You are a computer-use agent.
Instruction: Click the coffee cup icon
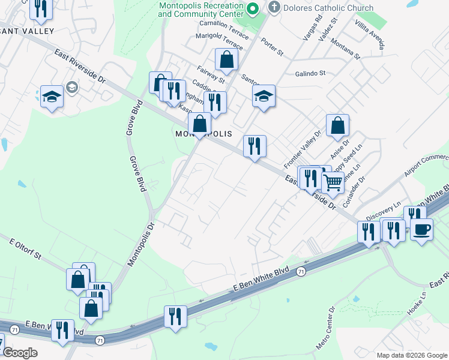tap(421, 229)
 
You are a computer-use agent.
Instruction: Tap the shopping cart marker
tap(333, 182)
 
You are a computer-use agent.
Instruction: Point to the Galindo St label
tap(310, 73)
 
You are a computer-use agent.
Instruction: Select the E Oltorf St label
tap(25, 249)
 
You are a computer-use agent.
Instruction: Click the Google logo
tap(19, 352)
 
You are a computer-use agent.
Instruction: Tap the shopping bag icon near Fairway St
tap(227, 59)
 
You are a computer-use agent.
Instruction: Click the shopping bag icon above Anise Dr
tap(338, 125)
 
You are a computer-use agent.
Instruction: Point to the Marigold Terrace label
tap(219, 41)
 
